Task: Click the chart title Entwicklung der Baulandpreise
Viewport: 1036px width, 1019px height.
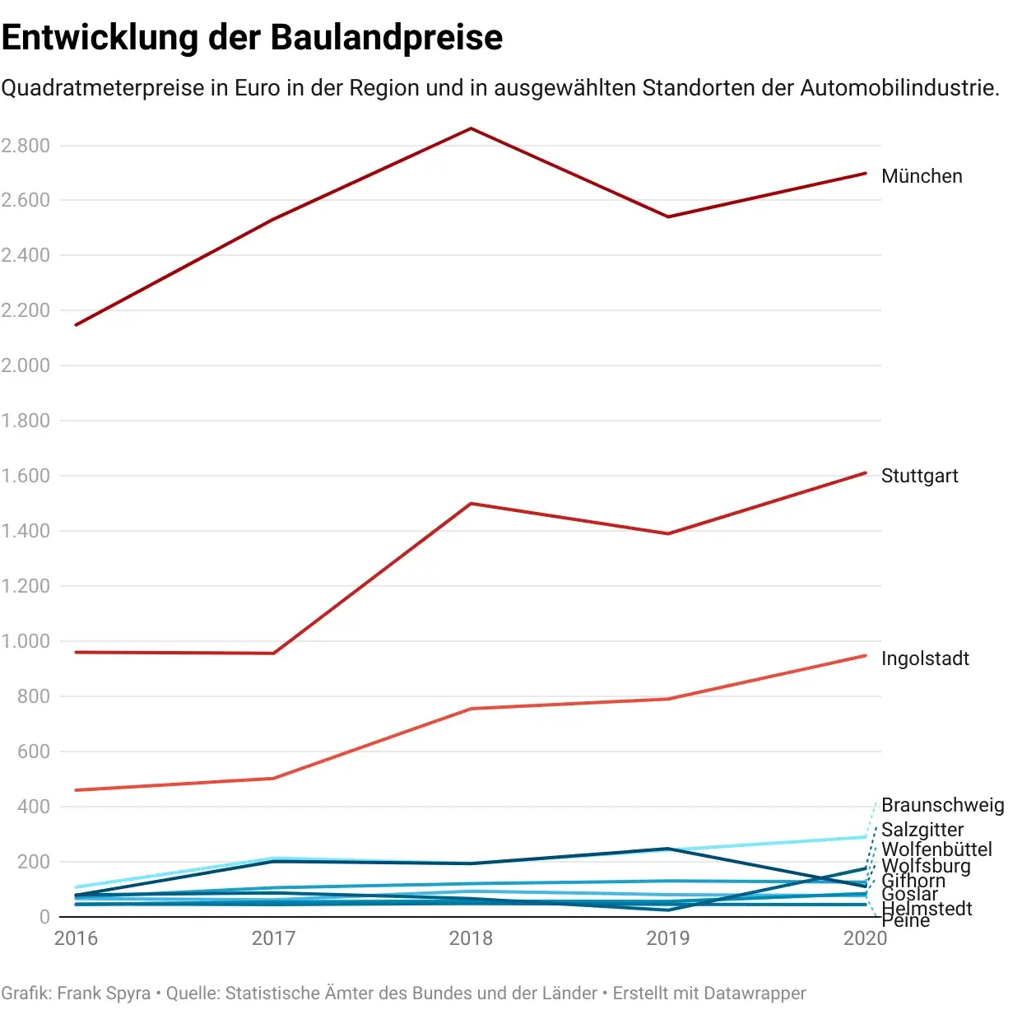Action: [252, 38]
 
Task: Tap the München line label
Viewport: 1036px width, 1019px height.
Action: [921, 176]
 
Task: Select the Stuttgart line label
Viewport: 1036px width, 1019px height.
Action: [919, 476]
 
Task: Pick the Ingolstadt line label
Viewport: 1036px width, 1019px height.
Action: [925, 658]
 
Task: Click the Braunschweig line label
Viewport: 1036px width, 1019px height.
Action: [942, 805]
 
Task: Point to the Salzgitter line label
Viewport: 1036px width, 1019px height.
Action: [922, 830]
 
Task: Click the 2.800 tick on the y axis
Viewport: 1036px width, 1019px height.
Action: [26, 146]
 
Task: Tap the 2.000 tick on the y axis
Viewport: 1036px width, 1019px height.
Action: [26, 365]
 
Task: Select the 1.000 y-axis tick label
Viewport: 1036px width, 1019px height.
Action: [26, 641]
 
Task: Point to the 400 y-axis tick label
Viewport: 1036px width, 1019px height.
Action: [33, 807]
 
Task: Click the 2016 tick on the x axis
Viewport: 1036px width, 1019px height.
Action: [76, 938]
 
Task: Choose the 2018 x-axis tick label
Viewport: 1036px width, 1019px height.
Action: [471, 938]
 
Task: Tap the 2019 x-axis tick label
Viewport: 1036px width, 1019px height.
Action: [668, 938]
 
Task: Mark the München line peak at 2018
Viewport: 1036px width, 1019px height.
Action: [471, 128]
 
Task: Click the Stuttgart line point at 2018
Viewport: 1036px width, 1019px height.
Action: [471, 503]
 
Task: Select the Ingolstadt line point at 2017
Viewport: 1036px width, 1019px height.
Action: [273, 778]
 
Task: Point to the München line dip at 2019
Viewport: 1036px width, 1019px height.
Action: [668, 216]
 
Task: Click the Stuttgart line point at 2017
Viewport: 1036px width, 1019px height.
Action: [273, 654]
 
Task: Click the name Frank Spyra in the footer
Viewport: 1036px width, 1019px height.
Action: [104, 993]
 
